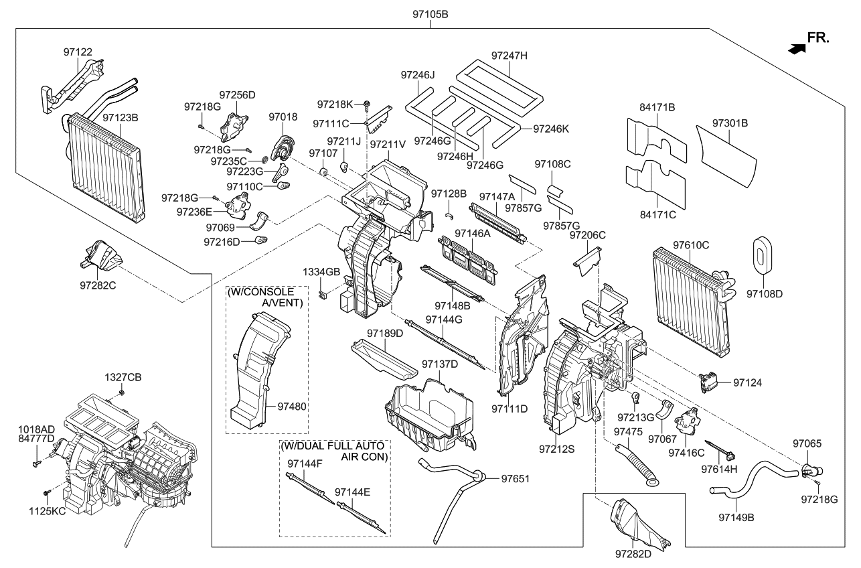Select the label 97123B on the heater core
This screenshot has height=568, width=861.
pyautogui.click(x=121, y=117)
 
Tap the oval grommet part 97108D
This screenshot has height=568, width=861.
pyautogui.click(x=761, y=255)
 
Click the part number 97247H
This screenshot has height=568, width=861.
pyautogui.click(x=509, y=56)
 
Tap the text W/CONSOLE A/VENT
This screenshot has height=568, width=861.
pyautogui.click(x=266, y=297)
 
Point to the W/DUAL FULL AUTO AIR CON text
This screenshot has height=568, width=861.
pyautogui.click(x=334, y=451)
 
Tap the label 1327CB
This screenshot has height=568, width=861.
pyautogui.click(x=123, y=378)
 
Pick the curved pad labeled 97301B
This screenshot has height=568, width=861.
pyautogui.click(x=726, y=155)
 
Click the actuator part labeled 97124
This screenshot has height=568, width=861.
pyautogui.click(x=707, y=382)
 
